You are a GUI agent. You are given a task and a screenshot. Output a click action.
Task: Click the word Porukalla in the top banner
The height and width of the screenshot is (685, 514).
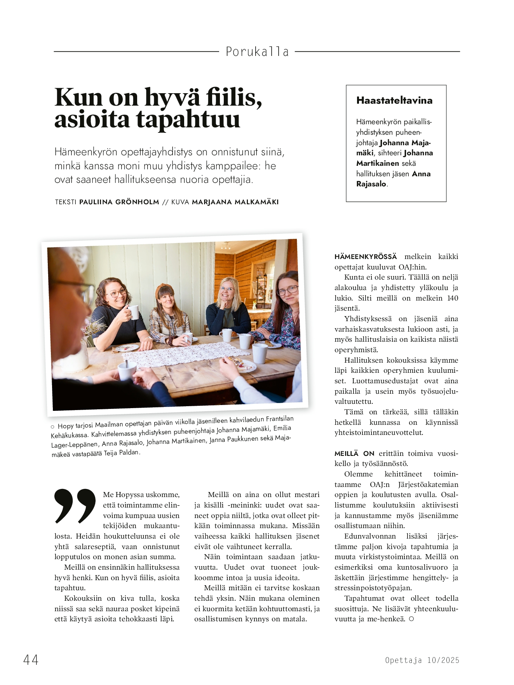[x=257, y=52]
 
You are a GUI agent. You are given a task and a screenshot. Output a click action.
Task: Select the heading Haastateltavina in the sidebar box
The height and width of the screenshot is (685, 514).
[x=394, y=101]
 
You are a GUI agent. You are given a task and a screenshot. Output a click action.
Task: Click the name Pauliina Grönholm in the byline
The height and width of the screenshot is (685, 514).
[x=119, y=202]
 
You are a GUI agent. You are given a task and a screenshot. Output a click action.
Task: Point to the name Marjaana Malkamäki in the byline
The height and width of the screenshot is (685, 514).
[x=235, y=202]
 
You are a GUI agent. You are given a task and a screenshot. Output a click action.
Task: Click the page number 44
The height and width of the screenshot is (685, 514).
[x=31, y=659]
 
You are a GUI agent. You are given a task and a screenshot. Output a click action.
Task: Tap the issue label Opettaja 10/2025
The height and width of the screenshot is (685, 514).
[x=422, y=660]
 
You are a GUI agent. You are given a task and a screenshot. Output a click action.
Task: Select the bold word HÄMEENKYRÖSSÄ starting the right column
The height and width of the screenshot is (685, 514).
[x=366, y=257]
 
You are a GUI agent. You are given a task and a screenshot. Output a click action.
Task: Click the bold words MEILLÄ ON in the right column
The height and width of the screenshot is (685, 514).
[x=354, y=454]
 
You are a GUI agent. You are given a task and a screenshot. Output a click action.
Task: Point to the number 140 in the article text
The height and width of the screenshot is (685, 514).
[x=453, y=298]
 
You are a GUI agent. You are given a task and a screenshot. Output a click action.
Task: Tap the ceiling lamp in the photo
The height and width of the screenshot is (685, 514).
[x=225, y=246]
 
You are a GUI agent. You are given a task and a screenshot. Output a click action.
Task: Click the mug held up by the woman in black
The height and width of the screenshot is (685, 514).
[x=133, y=312]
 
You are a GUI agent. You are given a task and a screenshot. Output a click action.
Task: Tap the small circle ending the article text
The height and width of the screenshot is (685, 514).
[x=411, y=619]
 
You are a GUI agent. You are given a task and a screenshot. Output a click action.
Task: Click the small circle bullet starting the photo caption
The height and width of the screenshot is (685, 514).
[x=52, y=427]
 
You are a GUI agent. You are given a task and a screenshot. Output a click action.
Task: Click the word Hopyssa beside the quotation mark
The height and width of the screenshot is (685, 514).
[x=132, y=495]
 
